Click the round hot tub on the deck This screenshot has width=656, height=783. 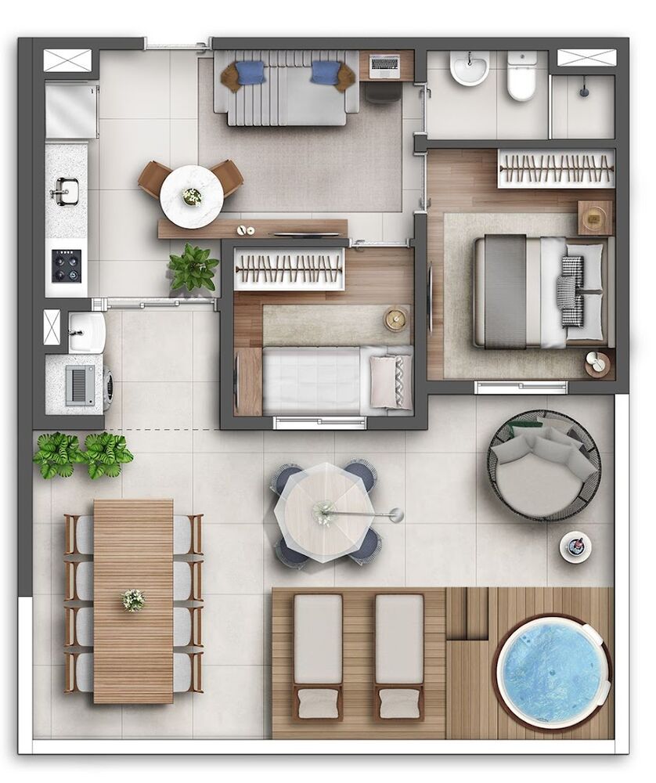(x=553, y=671)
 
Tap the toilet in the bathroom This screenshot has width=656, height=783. (x=521, y=76)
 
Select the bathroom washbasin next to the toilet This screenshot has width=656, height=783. (x=470, y=68)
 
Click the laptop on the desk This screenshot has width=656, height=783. (x=384, y=67)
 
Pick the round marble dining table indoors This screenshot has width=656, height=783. (x=191, y=197)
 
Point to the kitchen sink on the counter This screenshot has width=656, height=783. (x=64, y=190)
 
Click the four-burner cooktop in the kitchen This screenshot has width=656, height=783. (x=66, y=265)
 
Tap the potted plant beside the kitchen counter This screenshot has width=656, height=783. (x=193, y=269)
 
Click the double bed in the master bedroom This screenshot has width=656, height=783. (x=540, y=291)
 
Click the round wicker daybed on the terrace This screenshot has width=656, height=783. (x=544, y=465)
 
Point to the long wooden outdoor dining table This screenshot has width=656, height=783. (x=133, y=601)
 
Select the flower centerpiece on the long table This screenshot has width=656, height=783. (x=133, y=600)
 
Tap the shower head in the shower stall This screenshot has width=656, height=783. (x=585, y=92)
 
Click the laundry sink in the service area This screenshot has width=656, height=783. (x=86, y=332)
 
